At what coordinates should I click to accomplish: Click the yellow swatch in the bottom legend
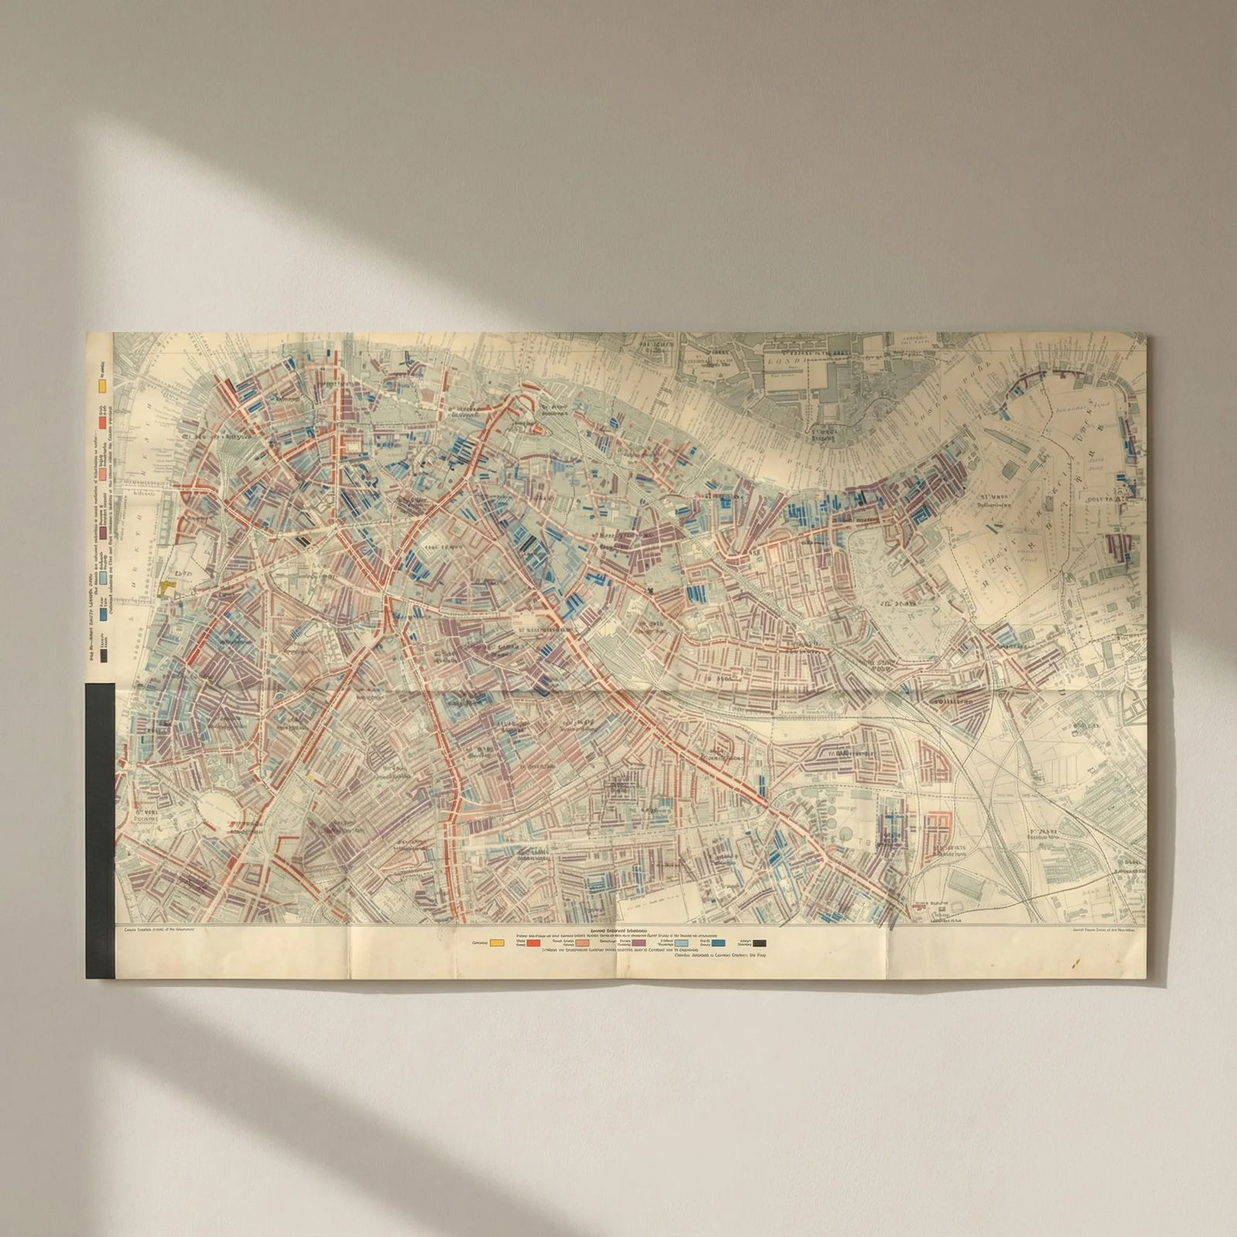click(x=497, y=943)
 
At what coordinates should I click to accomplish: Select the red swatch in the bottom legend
click(x=533, y=943)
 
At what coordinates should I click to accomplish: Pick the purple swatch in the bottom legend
click(x=639, y=943)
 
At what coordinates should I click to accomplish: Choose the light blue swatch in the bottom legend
click(x=681, y=943)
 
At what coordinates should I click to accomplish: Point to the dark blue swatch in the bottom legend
click(x=719, y=943)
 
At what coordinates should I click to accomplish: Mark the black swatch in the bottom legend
click(x=760, y=943)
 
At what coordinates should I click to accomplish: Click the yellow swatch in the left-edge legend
click(x=102, y=384)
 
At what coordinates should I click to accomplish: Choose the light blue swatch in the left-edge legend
click(x=102, y=576)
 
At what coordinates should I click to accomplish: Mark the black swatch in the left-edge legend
click(x=102, y=657)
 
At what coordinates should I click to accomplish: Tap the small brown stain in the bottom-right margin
click(x=1073, y=963)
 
